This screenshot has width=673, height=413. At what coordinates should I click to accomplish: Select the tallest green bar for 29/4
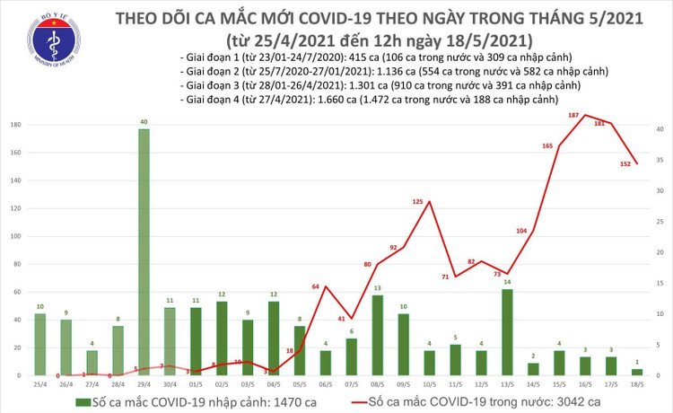(144, 251)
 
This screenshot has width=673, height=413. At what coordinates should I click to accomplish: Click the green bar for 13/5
(508, 331)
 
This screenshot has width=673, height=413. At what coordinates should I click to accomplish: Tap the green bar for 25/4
(39, 344)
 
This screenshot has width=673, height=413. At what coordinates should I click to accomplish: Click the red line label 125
(417, 202)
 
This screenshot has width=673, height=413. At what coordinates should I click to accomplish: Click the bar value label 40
(144, 122)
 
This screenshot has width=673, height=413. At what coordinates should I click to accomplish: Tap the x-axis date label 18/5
(636, 383)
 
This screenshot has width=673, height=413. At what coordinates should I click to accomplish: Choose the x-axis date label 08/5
(378, 383)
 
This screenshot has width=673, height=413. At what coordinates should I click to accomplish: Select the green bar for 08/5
(378, 335)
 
